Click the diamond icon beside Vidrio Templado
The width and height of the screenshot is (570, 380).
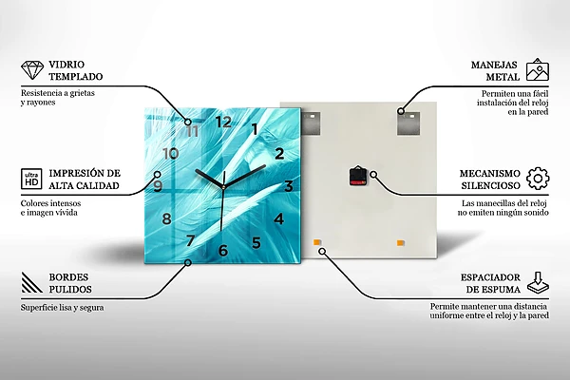tap(32, 70)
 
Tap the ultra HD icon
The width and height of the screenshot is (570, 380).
tap(31, 179)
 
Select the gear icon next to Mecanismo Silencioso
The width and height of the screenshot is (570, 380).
tap(538, 179)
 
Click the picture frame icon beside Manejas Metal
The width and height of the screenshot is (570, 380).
tap(538, 69)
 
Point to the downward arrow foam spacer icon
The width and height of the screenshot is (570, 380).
tap(539, 283)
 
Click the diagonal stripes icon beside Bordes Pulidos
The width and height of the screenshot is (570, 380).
tap(31, 282)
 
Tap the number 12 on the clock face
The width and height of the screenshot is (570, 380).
tap(223, 122)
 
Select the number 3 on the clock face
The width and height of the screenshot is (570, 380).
tap(289, 186)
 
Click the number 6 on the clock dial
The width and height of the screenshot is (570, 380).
tap(223, 250)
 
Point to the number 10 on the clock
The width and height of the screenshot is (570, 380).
tap(170, 154)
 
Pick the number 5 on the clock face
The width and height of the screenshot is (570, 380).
tap(256, 242)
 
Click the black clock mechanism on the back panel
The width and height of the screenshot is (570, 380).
tap(357, 177)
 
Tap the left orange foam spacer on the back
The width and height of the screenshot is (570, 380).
tap(317, 242)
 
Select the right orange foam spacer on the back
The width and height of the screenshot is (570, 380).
tap(401, 243)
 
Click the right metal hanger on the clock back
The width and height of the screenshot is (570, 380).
tap(408, 123)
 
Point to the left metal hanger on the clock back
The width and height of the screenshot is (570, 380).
tap(312, 123)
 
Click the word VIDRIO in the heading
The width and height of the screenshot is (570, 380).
tap(66, 65)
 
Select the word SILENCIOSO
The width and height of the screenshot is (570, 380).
tap(491, 185)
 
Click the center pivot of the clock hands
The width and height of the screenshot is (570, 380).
tap(223, 187)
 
